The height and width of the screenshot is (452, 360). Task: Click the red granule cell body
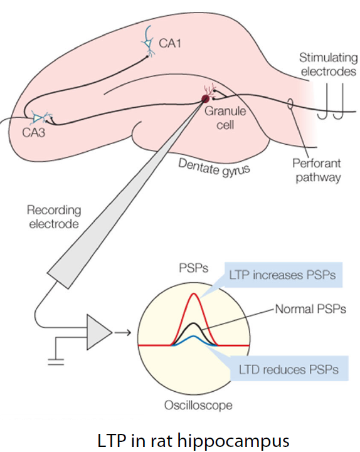pos(205,98)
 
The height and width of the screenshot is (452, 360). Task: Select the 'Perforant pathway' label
pos(317,170)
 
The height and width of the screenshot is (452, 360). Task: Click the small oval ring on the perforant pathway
pos(290,104)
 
